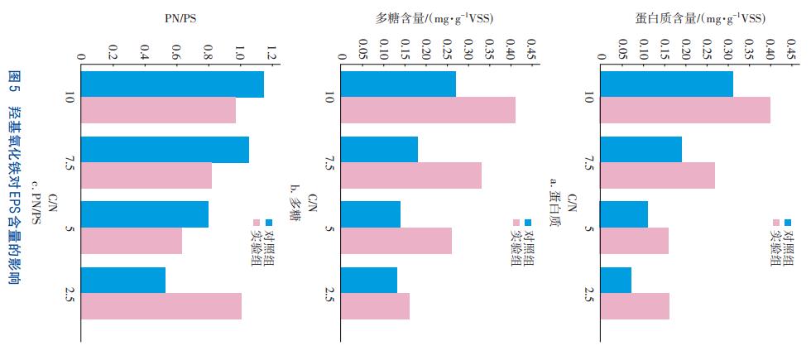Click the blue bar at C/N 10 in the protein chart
point(665,84)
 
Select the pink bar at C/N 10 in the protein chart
point(684,110)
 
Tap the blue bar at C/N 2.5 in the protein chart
point(615,280)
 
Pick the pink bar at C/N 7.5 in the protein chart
point(656,175)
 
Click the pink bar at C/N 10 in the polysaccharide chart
point(427,110)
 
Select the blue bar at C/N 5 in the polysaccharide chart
point(370,214)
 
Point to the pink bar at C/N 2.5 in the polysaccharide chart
point(374,305)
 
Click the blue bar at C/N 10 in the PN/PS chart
point(172,84)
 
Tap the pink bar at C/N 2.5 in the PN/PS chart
point(161,305)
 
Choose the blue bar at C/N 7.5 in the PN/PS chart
point(165,149)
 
